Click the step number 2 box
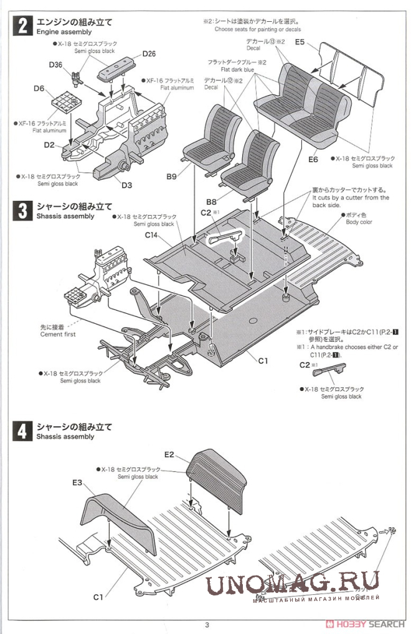point(22,27)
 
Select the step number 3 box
point(22,211)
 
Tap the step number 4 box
point(22,431)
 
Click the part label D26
point(148,53)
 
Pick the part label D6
point(39,89)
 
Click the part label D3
point(126,185)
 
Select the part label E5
point(300,42)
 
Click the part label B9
point(172,177)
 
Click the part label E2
point(169,455)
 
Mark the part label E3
point(77,482)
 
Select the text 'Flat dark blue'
point(243,70)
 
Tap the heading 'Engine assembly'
point(64,32)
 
